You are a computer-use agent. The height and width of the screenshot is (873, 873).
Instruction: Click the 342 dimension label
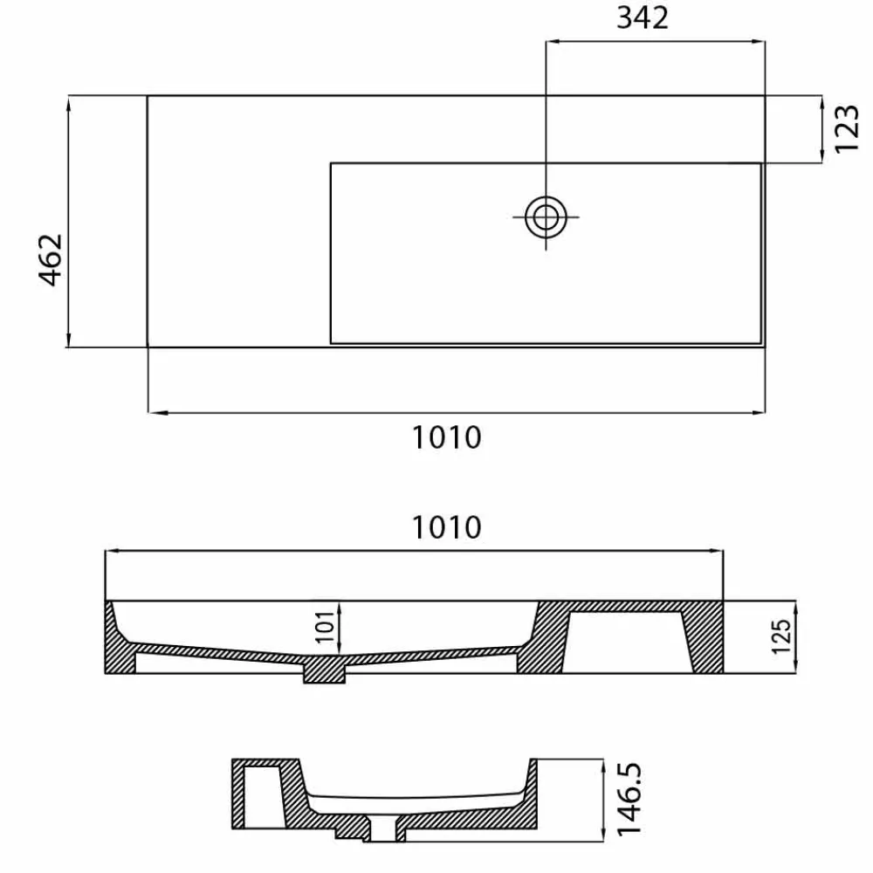pyautogui.click(x=642, y=17)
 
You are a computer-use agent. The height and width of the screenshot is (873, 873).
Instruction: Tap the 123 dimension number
pyautogui.click(x=847, y=128)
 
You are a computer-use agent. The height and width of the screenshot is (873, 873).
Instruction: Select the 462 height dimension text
pyautogui.click(x=51, y=259)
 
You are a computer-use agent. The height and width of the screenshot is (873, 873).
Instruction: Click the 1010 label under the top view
pyautogui.click(x=446, y=437)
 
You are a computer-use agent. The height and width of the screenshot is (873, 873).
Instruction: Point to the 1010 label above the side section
pyautogui.click(x=446, y=527)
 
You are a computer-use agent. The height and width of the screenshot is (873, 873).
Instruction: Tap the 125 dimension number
pyautogui.click(x=781, y=636)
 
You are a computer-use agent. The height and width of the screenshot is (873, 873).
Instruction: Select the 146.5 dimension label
pyautogui.click(x=629, y=799)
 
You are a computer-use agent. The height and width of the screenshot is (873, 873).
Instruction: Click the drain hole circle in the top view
pyautogui.click(x=546, y=217)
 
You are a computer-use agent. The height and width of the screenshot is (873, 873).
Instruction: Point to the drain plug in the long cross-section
pyautogui.click(x=325, y=670)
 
